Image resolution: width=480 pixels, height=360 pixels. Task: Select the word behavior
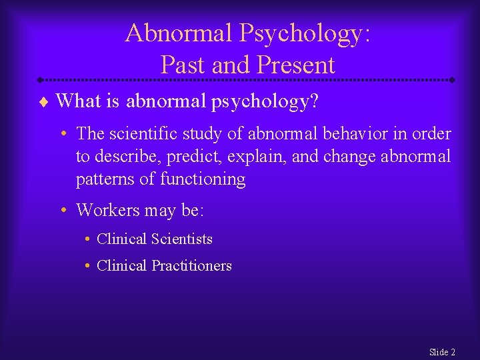352,133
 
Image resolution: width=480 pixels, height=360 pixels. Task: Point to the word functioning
203,179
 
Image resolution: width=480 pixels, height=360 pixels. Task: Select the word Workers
106,211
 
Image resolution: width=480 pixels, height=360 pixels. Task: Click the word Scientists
182,238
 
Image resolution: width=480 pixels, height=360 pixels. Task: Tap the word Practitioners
191,265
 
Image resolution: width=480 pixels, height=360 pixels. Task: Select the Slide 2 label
442,351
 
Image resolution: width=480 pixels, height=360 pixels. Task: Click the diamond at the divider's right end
452,80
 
